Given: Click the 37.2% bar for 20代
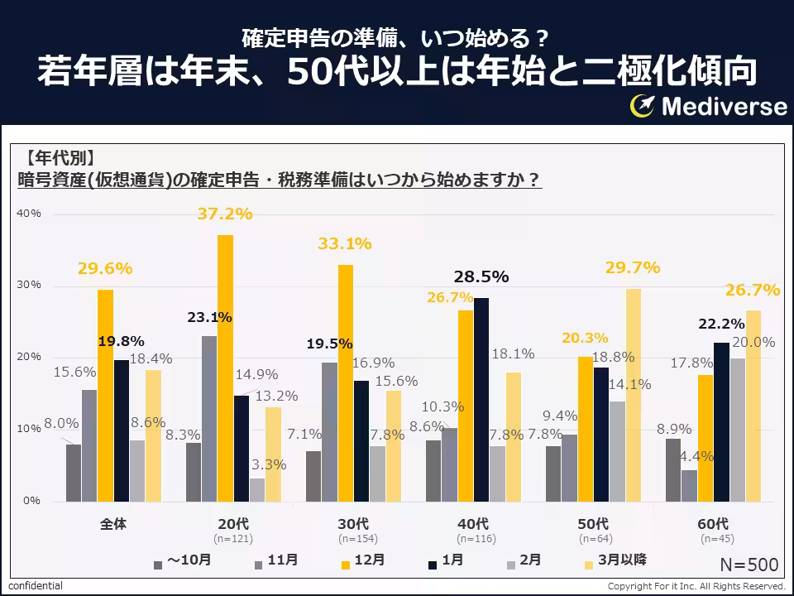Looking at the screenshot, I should click(x=225, y=368).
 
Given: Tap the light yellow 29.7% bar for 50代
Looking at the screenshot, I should click(x=633, y=395).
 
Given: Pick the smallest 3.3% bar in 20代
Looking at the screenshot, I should click(x=257, y=489).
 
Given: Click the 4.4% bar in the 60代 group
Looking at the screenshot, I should click(x=689, y=485).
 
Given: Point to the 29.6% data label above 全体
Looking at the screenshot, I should click(x=105, y=268).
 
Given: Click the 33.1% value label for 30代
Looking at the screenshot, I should click(x=345, y=243).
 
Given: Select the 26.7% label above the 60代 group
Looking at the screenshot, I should click(x=753, y=290).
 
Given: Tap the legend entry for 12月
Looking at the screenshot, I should click(x=362, y=560).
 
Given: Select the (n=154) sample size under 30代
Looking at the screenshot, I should click(x=353, y=538).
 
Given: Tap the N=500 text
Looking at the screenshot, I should click(x=749, y=565).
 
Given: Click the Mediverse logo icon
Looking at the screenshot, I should click(x=643, y=105).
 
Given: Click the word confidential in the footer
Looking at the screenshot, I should click(x=36, y=586).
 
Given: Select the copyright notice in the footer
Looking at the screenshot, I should click(x=696, y=586).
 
